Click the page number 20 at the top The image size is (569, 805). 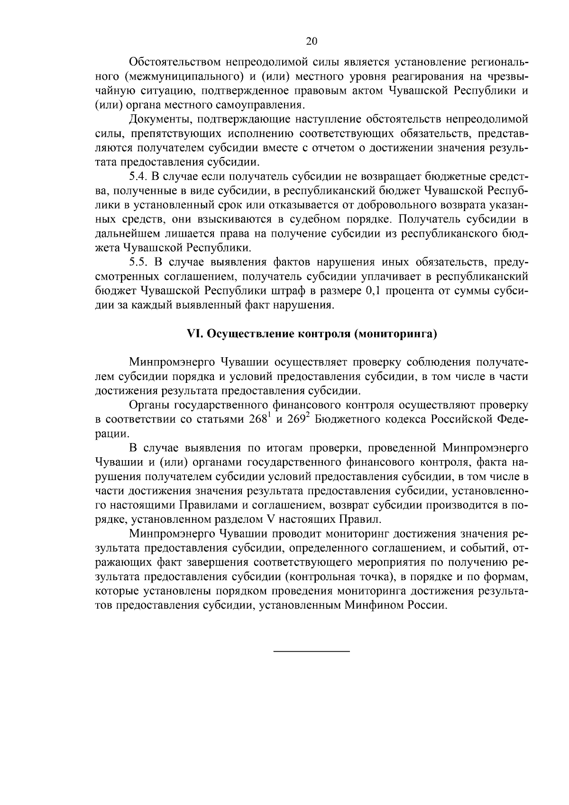click(312, 41)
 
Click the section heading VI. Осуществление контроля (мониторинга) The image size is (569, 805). click(312, 334)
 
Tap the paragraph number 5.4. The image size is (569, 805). click(138, 177)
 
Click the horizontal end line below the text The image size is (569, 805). click(312, 651)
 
